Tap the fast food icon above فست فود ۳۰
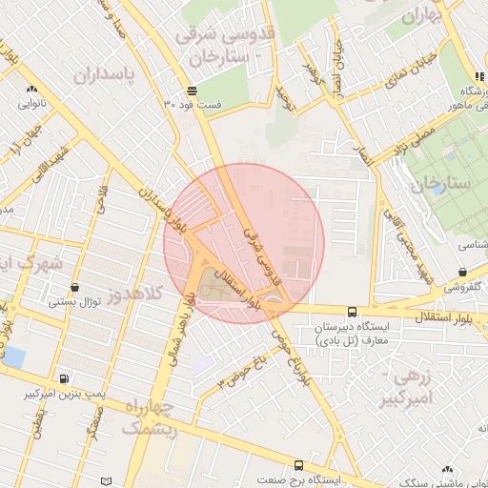pos(193,91)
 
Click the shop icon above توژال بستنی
pos(75,287)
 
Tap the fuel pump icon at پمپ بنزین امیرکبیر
pos(64,378)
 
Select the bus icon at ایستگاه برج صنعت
pos(299,465)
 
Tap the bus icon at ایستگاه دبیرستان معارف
pos(352,312)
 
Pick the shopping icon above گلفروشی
pos(462,272)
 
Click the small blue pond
pos(13,357)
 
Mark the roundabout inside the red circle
pos(275,304)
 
